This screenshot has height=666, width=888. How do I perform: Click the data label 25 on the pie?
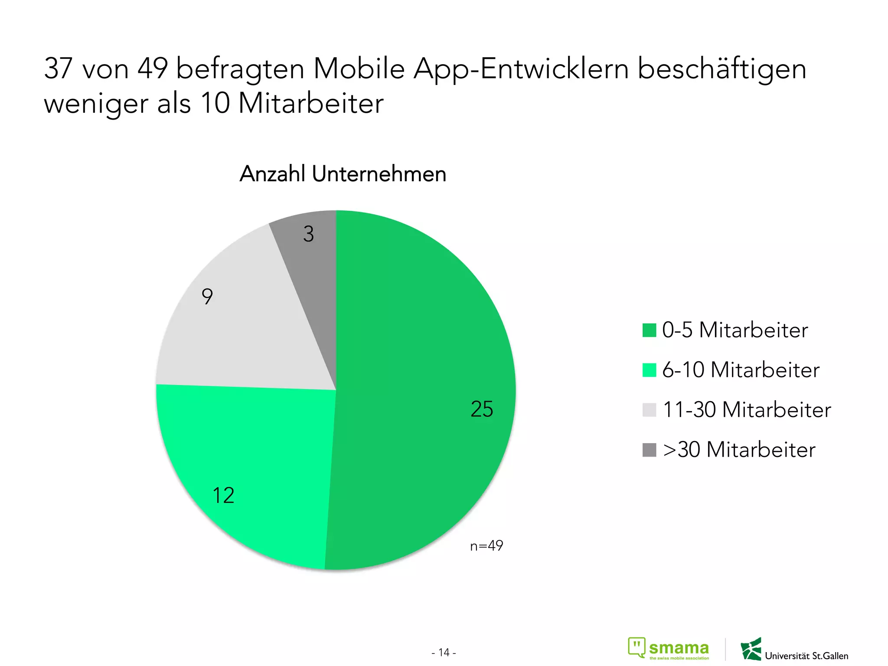pos(482,409)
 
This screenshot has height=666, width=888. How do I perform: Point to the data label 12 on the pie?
pos(223,495)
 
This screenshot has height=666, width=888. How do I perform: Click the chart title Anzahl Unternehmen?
pos(343,174)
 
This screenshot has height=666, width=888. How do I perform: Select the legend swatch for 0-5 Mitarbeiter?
pos(649,330)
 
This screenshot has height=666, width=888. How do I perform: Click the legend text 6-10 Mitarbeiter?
pos(741,370)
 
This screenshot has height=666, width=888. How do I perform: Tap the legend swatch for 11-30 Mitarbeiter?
pos(649,410)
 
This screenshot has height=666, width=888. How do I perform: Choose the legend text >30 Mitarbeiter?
pos(739,450)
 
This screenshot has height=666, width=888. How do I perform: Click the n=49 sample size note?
pos(486,545)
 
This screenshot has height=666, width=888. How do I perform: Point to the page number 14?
pos(444,652)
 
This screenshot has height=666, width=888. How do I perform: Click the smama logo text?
pos(679,648)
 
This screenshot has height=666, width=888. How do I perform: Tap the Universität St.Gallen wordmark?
pos(806,656)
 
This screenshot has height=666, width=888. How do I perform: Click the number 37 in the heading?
pos(58,69)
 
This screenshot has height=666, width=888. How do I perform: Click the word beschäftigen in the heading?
pos(721,69)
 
